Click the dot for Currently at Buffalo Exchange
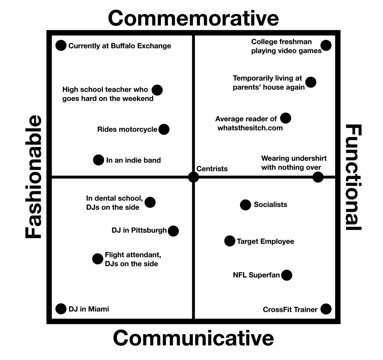[61, 46]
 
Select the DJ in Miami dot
[61, 309]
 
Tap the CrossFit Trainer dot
[326, 309]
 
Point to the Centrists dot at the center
[193, 177]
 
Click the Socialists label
[270, 205]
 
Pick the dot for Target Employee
[230, 241]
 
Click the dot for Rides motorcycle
[164, 129]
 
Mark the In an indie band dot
[98, 160]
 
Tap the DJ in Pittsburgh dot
[173, 231]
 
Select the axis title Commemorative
[193, 18]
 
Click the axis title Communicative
[193, 338]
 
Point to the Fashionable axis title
[33, 177]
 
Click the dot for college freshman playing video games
[326, 46]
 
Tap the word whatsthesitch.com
[250, 128]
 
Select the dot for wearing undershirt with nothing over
[318, 177]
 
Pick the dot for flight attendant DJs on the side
[98, 259]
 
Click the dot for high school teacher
[157, 90]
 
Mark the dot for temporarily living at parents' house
[311, 82]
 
